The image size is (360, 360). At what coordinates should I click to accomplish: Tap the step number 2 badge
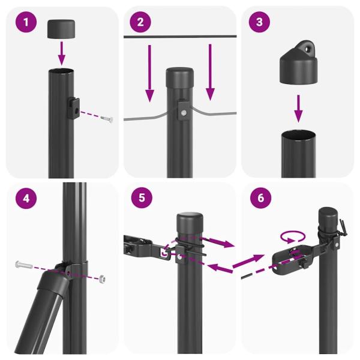coord(140,23)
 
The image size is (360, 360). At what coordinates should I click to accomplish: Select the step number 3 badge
coord(259,23)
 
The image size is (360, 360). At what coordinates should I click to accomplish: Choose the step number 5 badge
coord(140,197)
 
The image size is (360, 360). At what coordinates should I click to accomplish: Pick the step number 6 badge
coord(259,197)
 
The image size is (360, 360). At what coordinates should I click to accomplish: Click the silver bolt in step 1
coord(106,119)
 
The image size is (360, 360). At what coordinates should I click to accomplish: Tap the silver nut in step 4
coord(103,278)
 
